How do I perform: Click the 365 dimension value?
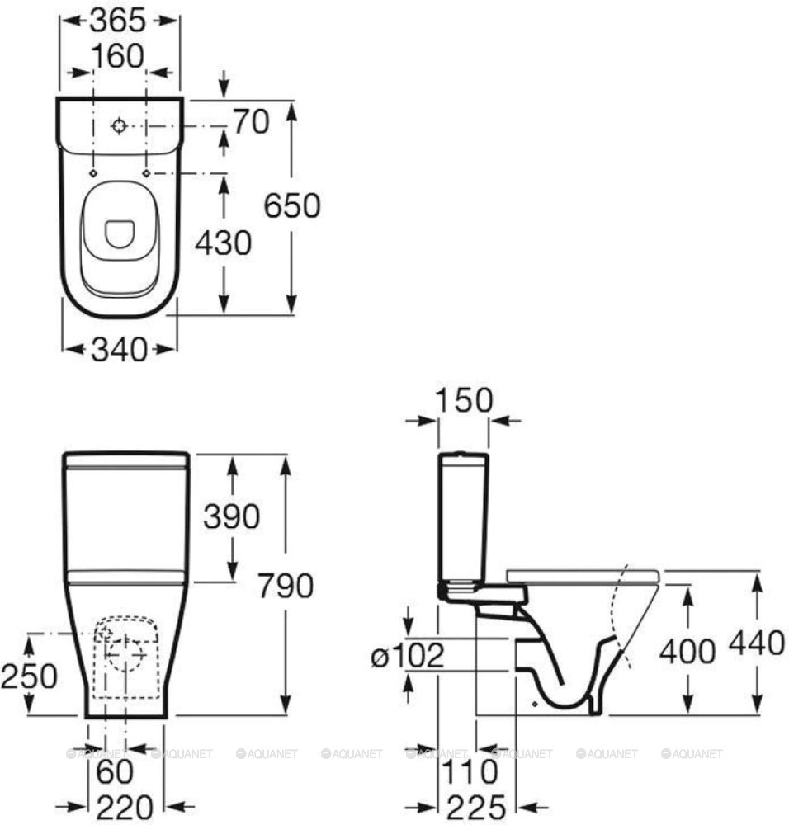(117, 21)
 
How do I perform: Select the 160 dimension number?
(117, 56)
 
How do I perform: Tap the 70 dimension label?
(251, 121)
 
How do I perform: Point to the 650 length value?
(291, 205)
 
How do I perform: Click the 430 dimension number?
(223, 243)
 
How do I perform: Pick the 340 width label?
(120, 349)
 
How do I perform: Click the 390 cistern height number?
(232, 516)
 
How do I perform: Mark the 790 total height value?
(286, 586)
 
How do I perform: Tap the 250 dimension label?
(29, 676)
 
